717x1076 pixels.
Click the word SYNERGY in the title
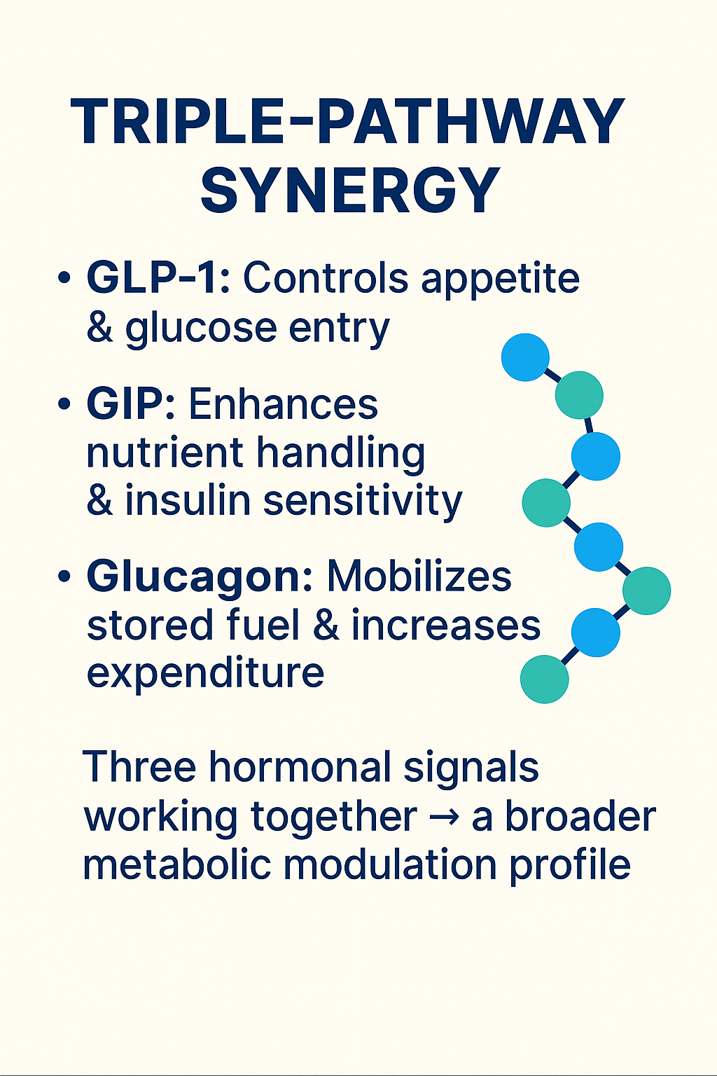pyautogui.click(x=350, y=191)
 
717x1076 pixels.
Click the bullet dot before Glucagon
pyautogui.click(x=64, y=575)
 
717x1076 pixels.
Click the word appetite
pyautogui.click(x=501, y=280)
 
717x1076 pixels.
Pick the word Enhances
pyautogui.click(x=284, y=403)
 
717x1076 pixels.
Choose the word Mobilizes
pyautogui.click(x=419, y=576)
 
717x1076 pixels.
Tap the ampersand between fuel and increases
pyautogui.click(x=326, y=625)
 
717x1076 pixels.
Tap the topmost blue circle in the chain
pyautogui.click(x=525, y=357)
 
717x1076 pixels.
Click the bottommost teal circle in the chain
pyautogui.click(x=545, y=680)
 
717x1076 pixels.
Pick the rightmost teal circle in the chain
pyautogui.click(x=647, y=591)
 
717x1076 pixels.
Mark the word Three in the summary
pyautogui.click(x=140, y=766)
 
